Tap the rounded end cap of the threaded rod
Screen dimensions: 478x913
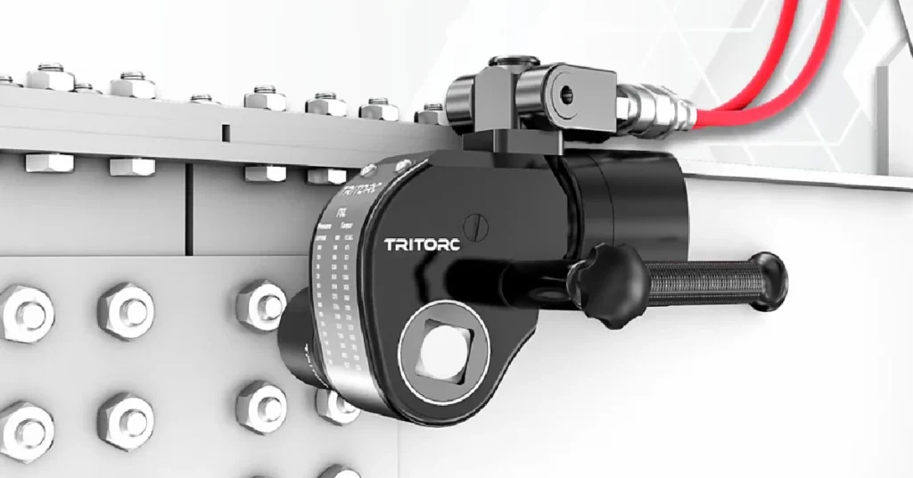(x=769, y=281)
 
